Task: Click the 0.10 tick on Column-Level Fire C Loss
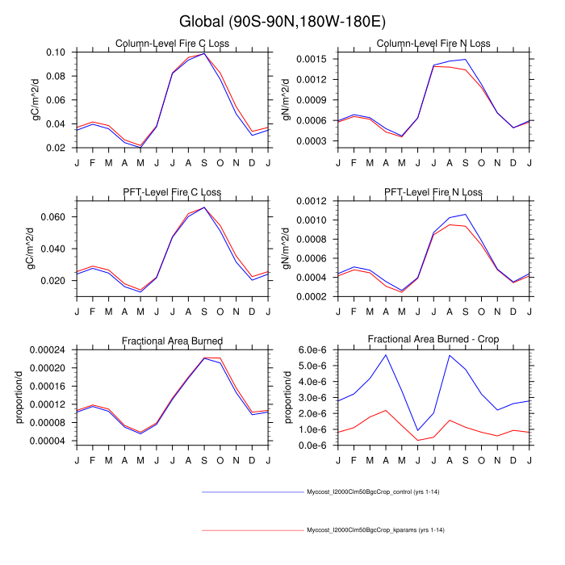coord(56,52)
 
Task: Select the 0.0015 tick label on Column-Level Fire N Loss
coord(310,60)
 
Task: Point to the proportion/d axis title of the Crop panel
coord(287,397)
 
